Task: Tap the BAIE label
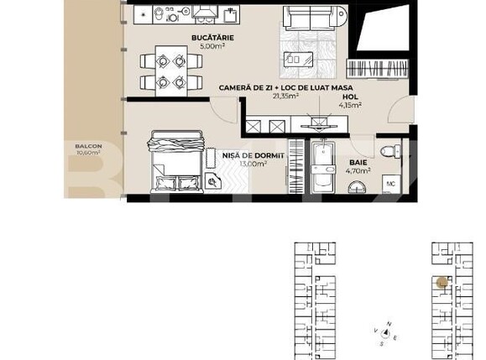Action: click(358, 162)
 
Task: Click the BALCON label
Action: click(88, 146)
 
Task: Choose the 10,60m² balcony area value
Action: click(88, 154)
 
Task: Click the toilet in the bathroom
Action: click(389, 151)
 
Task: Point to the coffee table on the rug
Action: click(295, 59)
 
